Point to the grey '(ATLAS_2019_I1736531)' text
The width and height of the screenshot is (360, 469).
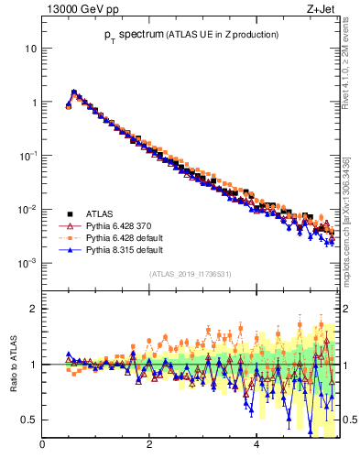click(190, 274)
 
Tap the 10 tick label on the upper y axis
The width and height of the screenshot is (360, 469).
click(31, 48)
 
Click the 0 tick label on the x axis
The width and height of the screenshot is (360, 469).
click(42, 446)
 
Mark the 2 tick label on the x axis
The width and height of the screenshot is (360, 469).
click(149, 446)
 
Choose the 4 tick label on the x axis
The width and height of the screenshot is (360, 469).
click(256, 446)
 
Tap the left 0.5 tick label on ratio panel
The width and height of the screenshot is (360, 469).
click(30, 420)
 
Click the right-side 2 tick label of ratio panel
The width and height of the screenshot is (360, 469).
click(346, 309)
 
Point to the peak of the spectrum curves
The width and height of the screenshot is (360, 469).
click(74, 92)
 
